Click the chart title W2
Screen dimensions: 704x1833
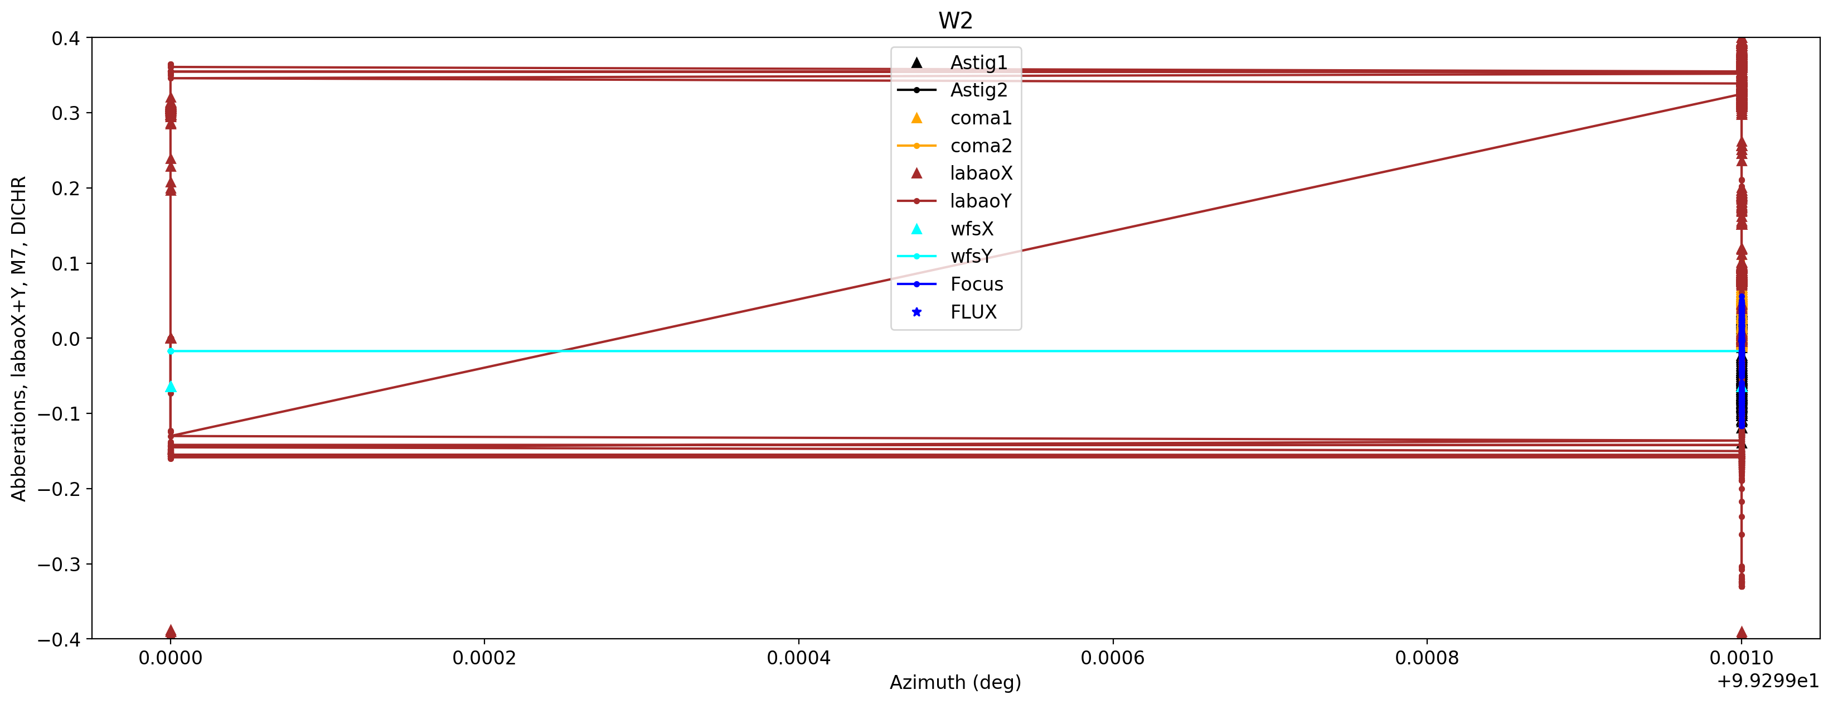(x=955, y=21)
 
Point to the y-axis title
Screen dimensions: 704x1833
(x=19, y=339)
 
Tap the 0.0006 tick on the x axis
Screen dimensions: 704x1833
(x=1112, y=658)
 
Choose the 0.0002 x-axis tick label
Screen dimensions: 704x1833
(x=484, y=658)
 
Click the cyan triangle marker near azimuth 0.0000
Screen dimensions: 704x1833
(x=170, y=387)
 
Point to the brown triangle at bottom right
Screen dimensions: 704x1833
(x=1741, y=632)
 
